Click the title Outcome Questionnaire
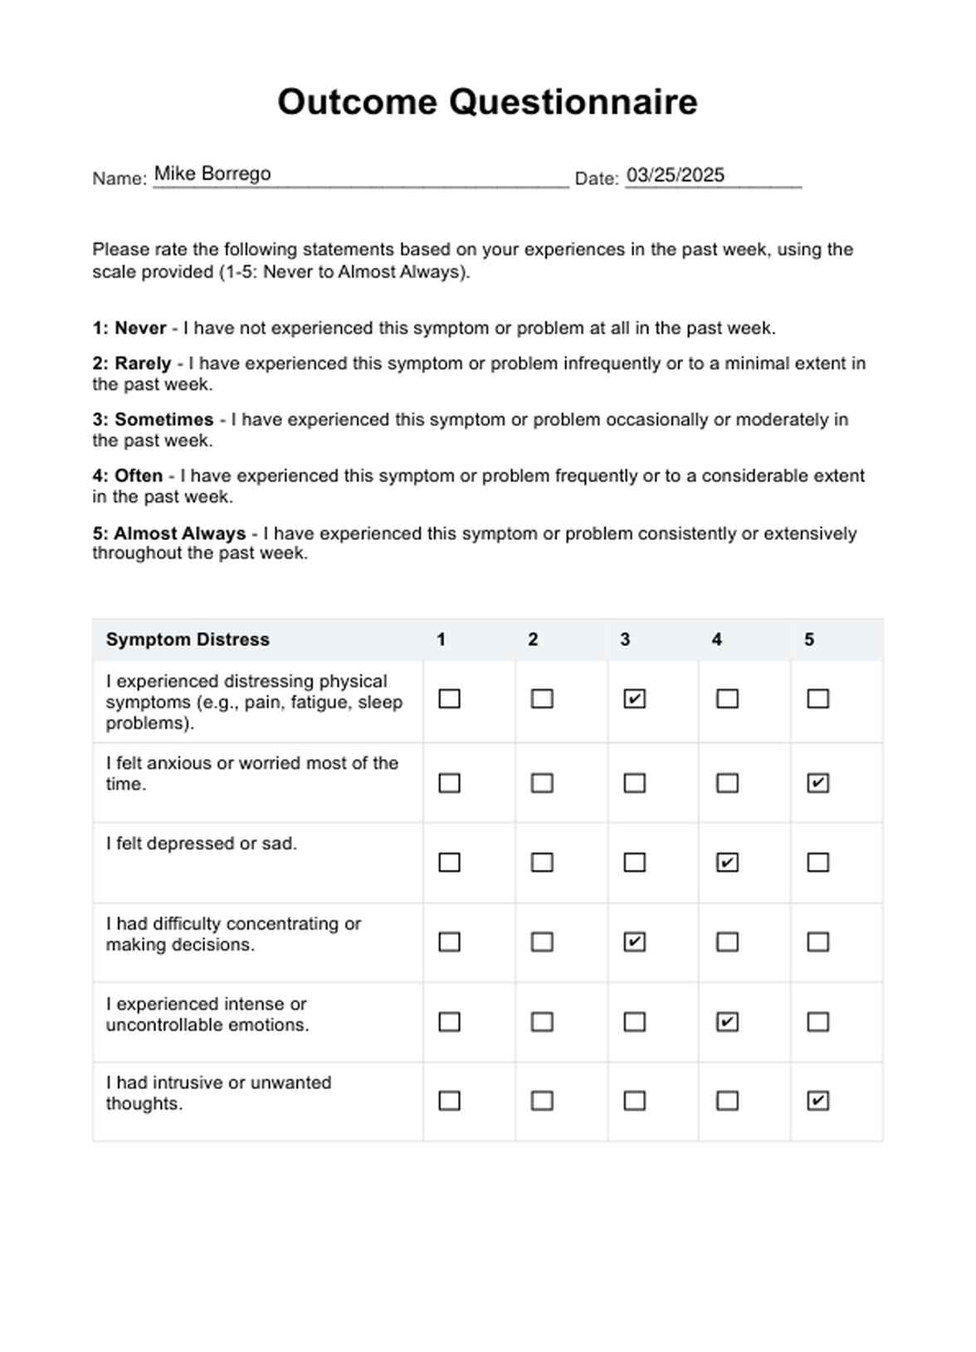pyautogui.click(x=487, y=102)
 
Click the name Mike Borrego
pyautogui.click(x=212, y=173)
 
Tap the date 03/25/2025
pyautogui.click(x=675, y=175)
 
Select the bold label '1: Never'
pyautogui.click(x=129, y=328)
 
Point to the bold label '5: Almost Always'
pyautogui.click(x=169, y=533)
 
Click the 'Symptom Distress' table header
pyautogui.click(x=188, y=640)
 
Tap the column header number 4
pyautogui.click(x=716, y=640)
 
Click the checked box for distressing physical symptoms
pyautogui.click(x=634, y=699)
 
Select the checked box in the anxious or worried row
pyautogui.click(x=817, y=783)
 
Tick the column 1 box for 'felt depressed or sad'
pyautogui.click(x=449, y=863)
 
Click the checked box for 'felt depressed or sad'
pyautogui.click(x=727, y=863)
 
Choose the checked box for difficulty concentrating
pyautogui.click(x=634, y=942)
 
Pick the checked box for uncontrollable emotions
pyautogui.click(x=727, y=1022)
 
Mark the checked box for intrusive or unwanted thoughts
pyautogui.click(x=817, y=1101)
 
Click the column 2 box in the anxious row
pyautogui.click(x=542, y=783)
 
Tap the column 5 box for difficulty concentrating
pyautogui.click(x=817, y=942)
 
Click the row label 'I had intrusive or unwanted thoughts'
pyautogui.click(x=218, y=1093)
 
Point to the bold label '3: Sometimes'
pyautogui.click(x=153, y=420)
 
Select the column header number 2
pyautogui.click(x=533, y=640)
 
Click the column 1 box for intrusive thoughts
pyautogui.click(x=449, y=1101)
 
